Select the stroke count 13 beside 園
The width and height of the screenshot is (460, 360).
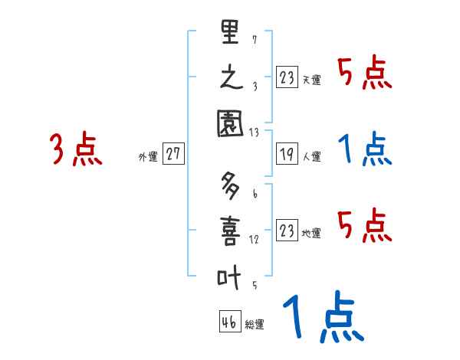(254, 132)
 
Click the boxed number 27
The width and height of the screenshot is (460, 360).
(173, 154)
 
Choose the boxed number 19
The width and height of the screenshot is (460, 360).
(287, 154)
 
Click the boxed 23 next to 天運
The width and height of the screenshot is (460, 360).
(287, 77)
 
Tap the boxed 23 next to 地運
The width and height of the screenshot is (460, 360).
(287, 231)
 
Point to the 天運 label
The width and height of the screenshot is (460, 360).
(311, 80)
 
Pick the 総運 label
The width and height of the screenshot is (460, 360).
(254, 325)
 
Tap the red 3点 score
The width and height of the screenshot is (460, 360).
(75, 150)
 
